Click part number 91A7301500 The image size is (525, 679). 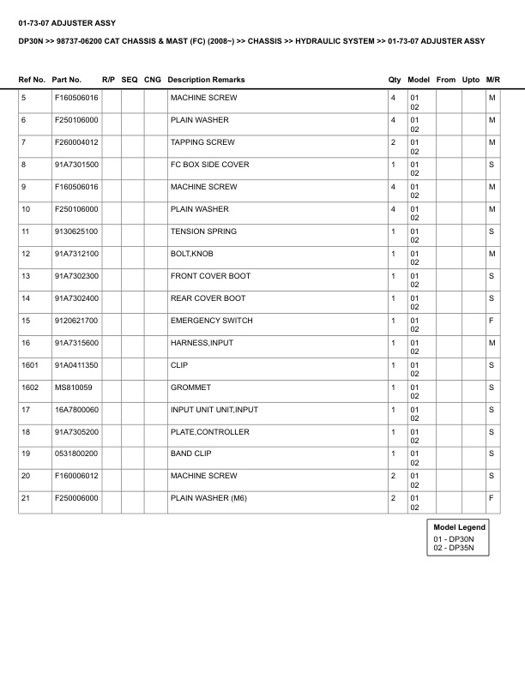click(76, 165)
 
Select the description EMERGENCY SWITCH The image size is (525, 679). click(211, 321)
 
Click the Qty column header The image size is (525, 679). click(395, 80)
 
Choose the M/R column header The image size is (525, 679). click(492, 80)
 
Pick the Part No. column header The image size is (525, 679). click(67, 80)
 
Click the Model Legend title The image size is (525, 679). click(460, 527)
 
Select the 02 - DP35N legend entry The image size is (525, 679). click(454, 547)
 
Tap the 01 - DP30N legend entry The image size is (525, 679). click(454, 538)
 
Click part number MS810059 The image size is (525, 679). click(72, 388)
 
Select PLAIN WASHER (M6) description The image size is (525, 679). click(208, 498)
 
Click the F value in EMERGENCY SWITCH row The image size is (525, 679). click(492, 321)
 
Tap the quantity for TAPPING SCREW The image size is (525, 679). click(393, 142)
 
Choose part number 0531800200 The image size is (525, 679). click(76, 454)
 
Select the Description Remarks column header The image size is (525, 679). click(206, 80)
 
